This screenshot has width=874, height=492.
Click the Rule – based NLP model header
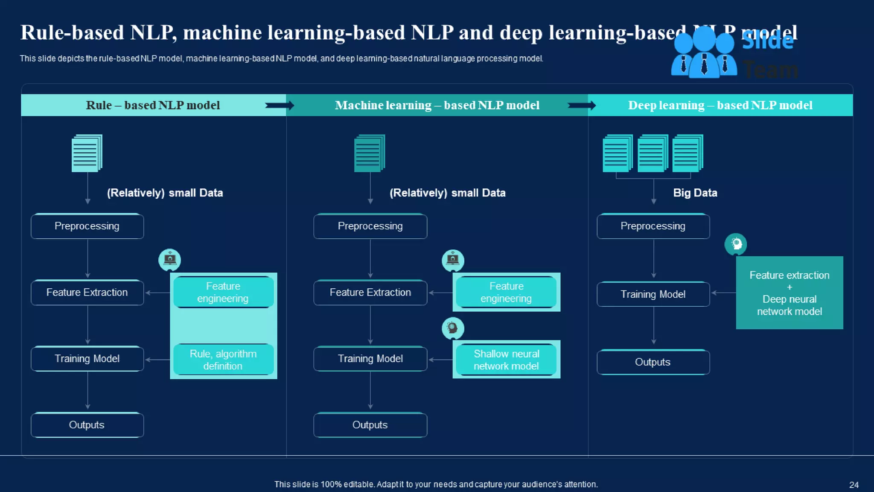click(x=153, y=105)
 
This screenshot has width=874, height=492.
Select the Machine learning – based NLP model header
click(x=437, y=105)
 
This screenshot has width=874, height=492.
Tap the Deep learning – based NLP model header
click(x=720, y=105)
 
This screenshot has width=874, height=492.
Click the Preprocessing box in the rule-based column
click(x=87, y=226)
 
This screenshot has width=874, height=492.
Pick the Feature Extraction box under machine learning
click(x=370, y=293)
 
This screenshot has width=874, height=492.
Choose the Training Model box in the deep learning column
click(x=653, y=294)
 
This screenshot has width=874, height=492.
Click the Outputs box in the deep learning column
click(x=653, y=362)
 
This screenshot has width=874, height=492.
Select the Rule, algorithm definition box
click(x=223, y=360)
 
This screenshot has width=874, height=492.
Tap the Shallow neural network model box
click(x=506, y=360)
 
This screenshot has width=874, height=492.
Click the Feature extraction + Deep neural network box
click(x=790, y=293)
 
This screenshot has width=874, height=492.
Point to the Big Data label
click(x=695, y=193)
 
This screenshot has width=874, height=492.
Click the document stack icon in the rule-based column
click(x=87, y=153)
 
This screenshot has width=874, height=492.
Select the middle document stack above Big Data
click(x=653, y=153)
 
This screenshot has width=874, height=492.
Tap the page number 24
click(x=854, y=485)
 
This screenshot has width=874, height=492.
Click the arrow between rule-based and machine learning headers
click(x=280, y=105)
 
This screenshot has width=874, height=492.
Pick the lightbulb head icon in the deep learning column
click(x=736, y=244)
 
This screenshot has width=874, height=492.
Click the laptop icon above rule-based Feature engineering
click(x=170, y=259)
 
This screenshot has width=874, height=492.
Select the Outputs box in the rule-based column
click(x=87, y=425)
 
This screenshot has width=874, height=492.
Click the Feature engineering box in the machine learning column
click(x=506, y=293)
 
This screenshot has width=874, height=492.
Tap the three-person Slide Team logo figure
click(x=704, y=53)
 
